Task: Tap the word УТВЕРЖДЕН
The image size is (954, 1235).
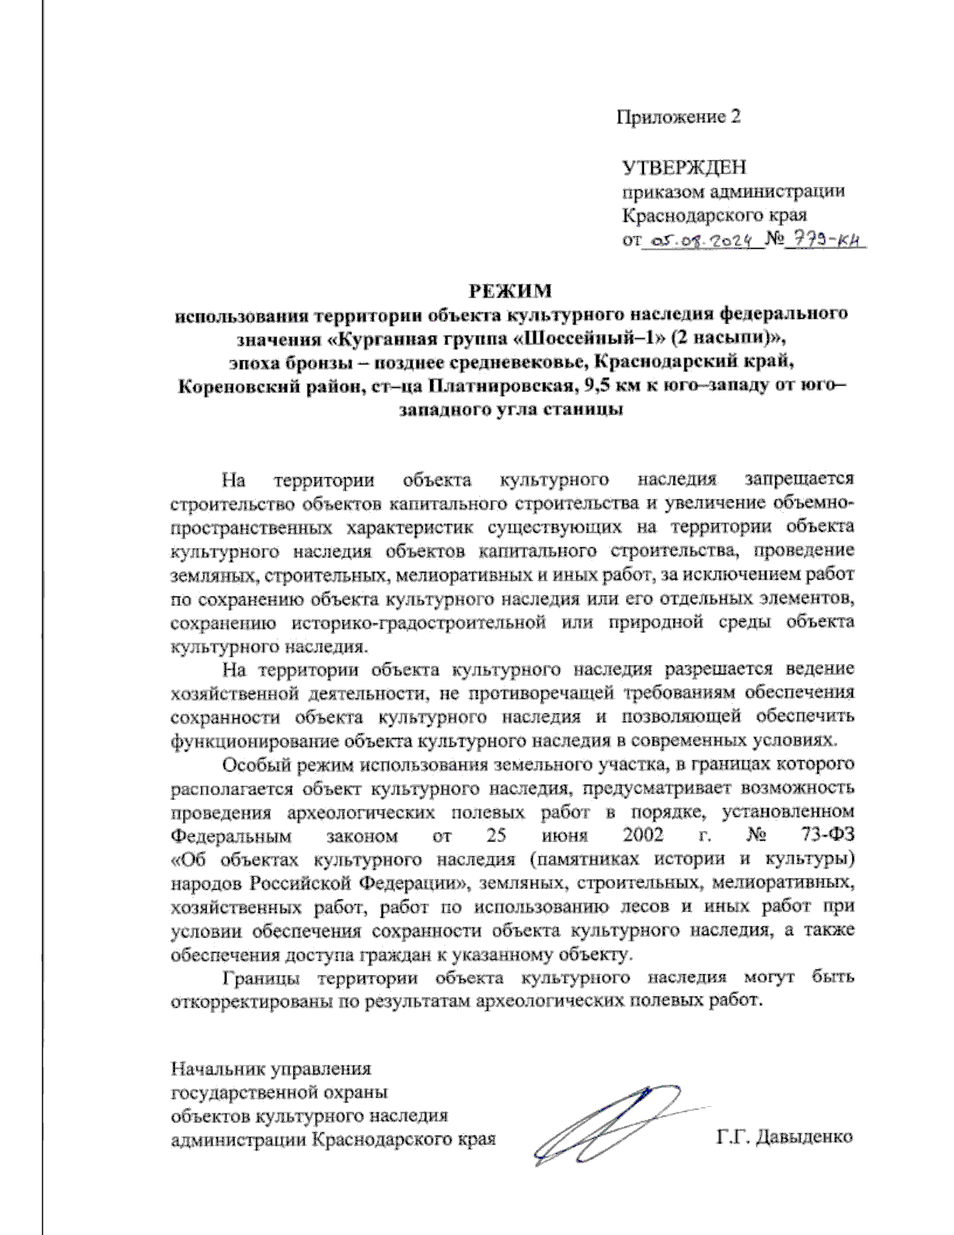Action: click(684, 168)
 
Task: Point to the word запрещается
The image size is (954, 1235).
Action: click(799, 480)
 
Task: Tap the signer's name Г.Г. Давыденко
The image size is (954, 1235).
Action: click(784, 1136)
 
